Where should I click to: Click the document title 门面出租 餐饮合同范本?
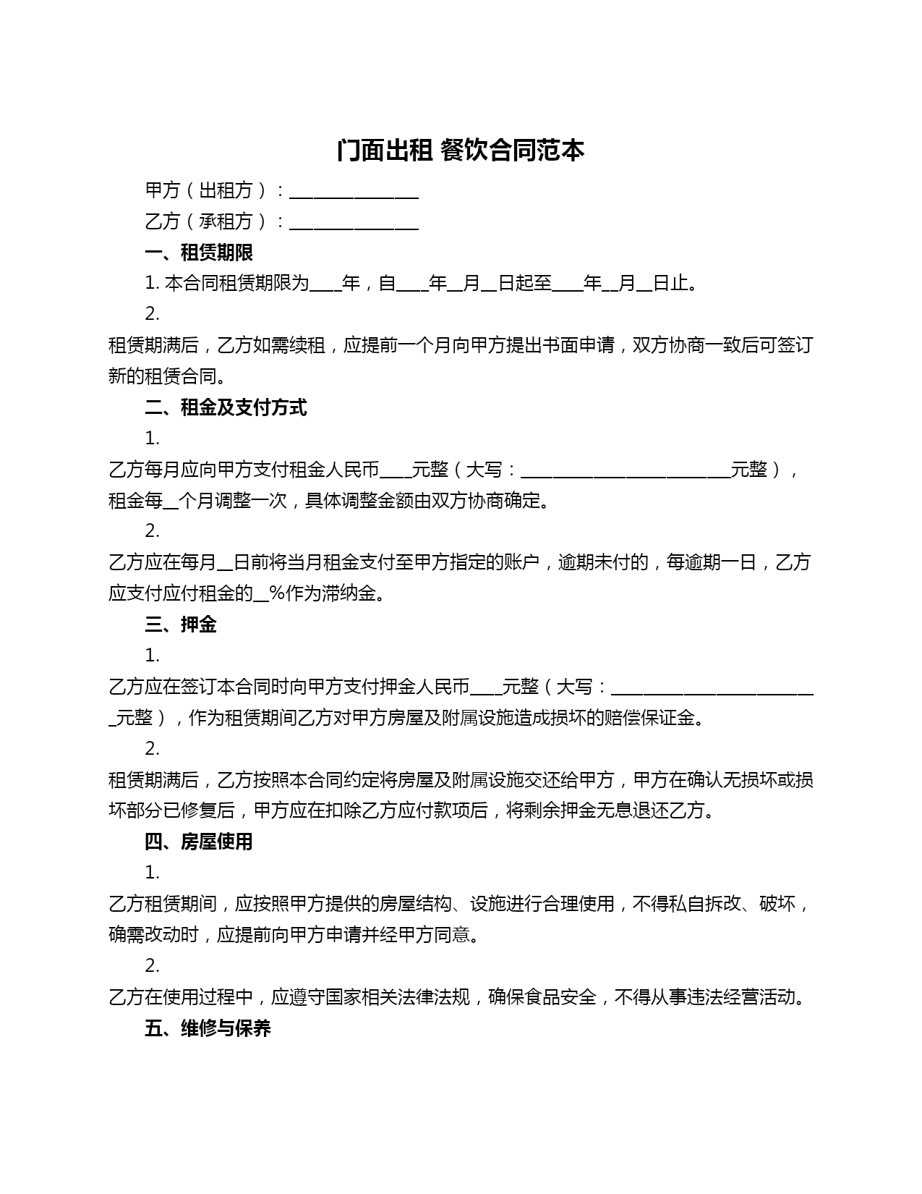(461, 151)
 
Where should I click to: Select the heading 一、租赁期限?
(199, 253)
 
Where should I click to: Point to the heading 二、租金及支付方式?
(226, 407)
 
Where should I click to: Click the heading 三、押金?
(181, 624)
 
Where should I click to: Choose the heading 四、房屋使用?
(199, 842)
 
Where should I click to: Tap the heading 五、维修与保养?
(208, 1028)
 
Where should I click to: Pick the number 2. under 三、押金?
(152, 748)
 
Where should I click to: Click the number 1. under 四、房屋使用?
(152, 873)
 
